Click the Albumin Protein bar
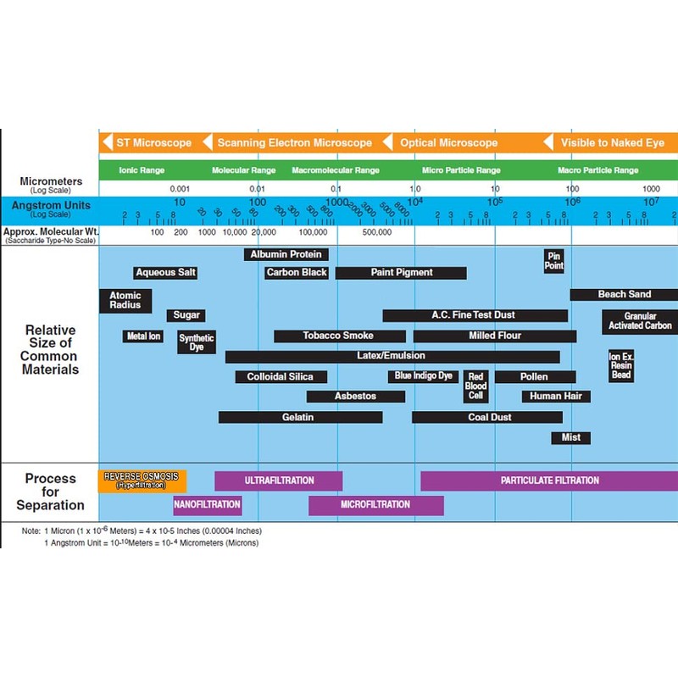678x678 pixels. click(286, 254)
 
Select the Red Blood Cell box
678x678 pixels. click(476, 386)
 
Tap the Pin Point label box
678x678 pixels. click(554, 260)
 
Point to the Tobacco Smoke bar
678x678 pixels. click(337, 336)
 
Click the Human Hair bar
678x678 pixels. click(556, 396)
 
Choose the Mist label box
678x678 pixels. click(570, 437)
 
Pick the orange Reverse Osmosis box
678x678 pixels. click(142, 481)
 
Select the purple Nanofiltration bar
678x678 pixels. click(207, 505)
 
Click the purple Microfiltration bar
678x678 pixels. click(375, 505)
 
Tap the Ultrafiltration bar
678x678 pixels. click(279, 481)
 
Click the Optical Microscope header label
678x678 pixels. click(448, 143)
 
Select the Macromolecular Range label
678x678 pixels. click(336, 170)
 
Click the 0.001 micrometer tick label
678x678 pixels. click(180, 188)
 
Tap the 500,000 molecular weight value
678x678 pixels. click(376, 231)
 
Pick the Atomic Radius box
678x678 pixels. click(125, 300)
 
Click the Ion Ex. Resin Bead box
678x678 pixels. click(621, 364)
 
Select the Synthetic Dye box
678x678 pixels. click(197, 342)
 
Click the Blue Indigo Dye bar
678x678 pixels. click(425, 375)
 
